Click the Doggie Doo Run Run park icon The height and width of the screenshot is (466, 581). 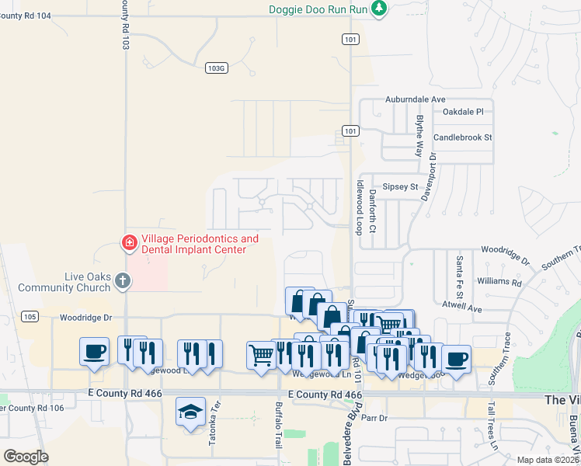click(x=379, y=9)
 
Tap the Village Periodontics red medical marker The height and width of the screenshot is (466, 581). click(x=130, y=244)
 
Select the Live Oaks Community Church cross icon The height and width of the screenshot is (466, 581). click(x=122, y=282)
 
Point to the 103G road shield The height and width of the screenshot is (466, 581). click(x=217, y=68)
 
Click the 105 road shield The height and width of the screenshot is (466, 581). click(x=30, y=316)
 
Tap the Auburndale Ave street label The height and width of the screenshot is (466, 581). click(x=416, y=99)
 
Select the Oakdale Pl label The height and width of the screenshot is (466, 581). click(x=463, y=112)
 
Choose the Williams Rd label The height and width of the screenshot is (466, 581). click(x=499, y=280)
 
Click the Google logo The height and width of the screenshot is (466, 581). click(x=26, y=456)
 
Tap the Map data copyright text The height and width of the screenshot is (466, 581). click(x=547, y=460)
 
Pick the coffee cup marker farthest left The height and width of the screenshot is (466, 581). click(x=94, y=351)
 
